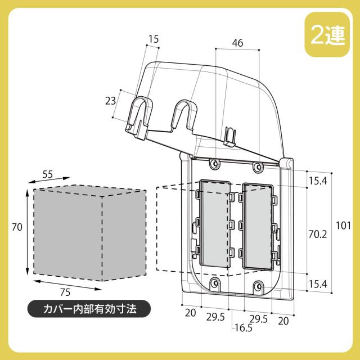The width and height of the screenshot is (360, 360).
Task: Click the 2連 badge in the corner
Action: pos(327,34)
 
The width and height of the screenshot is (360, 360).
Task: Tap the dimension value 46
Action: pos(237,43)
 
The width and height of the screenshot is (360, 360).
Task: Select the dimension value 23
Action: pos(110,101)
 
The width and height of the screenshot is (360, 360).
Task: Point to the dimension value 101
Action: pos(343,226)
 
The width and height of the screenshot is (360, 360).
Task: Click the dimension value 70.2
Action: pos(317,235)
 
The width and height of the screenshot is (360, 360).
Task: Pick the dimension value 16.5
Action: pos(244,328)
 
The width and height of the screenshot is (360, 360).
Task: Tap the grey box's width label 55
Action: pos(47,174)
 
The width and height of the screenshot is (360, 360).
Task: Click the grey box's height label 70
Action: pos(17,227)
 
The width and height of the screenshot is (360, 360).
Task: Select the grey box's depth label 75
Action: pos(65,292)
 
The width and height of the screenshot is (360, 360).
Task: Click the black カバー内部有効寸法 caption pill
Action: pos(89,309)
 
